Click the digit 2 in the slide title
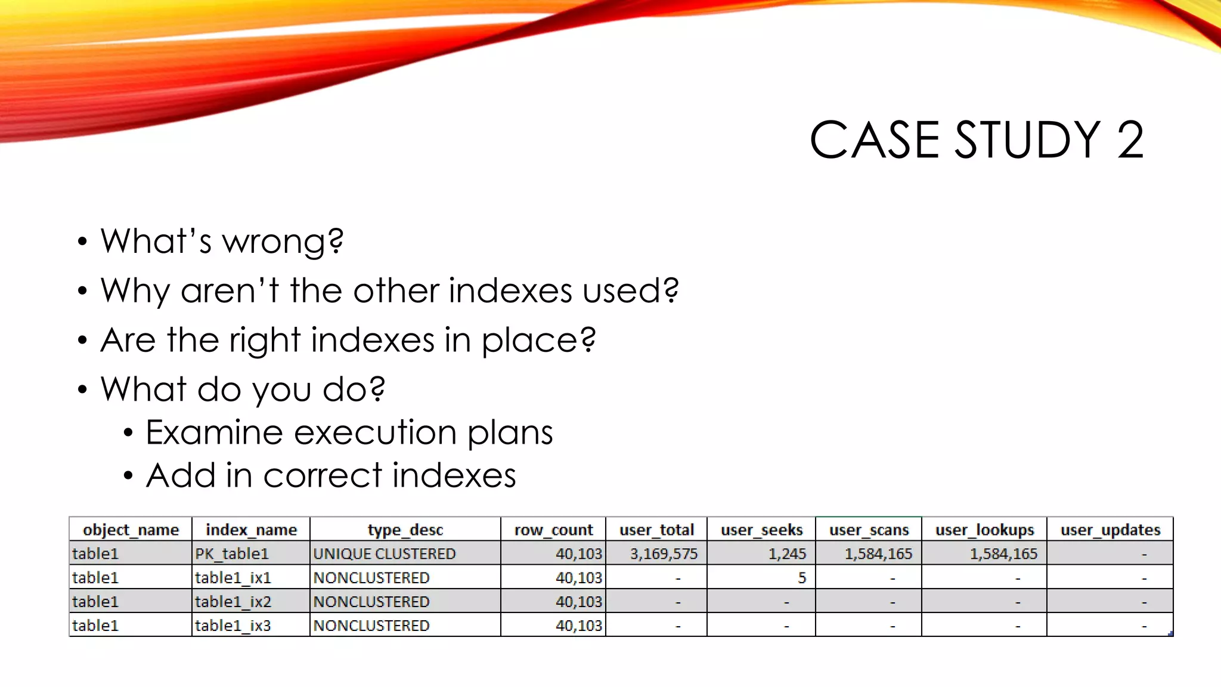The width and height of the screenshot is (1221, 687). (x=1130, y=140)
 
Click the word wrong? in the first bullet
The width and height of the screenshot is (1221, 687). (x=283, y=242)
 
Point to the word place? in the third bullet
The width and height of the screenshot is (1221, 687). (x=538, y=341)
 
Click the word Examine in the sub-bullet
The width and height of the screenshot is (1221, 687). (x=214, y=432)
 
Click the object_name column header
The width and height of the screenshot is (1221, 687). (x=131, y=530)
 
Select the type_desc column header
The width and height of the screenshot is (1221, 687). (x=405, y=530)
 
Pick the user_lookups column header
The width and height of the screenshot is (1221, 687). (x=984, y=530)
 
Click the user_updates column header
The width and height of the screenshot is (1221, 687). (x=1110, y=530)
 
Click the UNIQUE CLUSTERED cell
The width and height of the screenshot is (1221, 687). (x=385, y=554)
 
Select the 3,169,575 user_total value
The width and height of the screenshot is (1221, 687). (x=664, y=554)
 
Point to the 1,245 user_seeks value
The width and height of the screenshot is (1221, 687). (x=787, y=554)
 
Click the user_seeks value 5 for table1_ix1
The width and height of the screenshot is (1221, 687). (x=802, y=578)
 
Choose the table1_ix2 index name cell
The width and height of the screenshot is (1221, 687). (x=233, y=602)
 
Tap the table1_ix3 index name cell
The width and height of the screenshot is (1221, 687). (x=233, y=626)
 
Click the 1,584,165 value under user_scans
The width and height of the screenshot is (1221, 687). (x=878, y=554)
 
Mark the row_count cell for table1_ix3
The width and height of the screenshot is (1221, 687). (x=578, y=626)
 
